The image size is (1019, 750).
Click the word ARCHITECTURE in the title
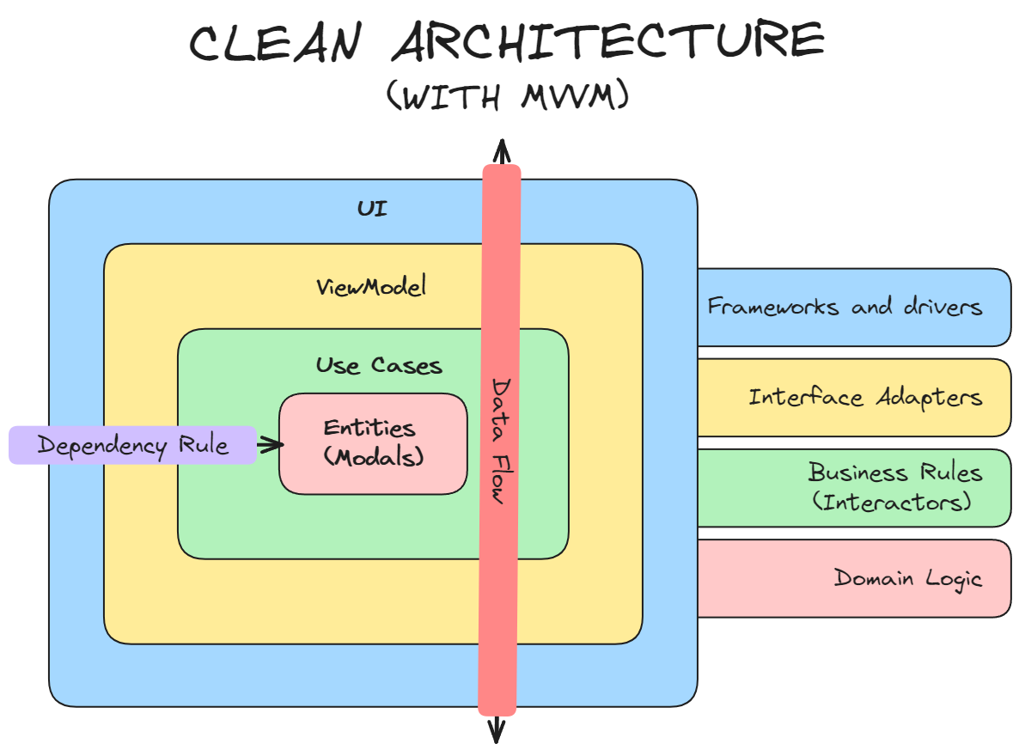608,42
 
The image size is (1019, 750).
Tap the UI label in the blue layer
372,209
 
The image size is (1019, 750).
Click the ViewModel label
371,287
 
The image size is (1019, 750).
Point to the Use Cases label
379,365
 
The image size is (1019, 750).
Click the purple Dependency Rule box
132,446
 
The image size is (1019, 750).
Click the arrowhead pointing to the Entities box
275,444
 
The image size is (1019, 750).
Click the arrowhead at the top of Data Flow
500,151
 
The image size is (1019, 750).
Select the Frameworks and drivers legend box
853,307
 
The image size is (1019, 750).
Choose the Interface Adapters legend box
853,397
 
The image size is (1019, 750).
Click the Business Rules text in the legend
894,473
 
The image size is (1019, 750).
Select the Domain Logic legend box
853,578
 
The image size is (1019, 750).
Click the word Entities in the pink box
369,428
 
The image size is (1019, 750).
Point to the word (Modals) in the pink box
374,457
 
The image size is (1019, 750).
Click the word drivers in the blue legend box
943,307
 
